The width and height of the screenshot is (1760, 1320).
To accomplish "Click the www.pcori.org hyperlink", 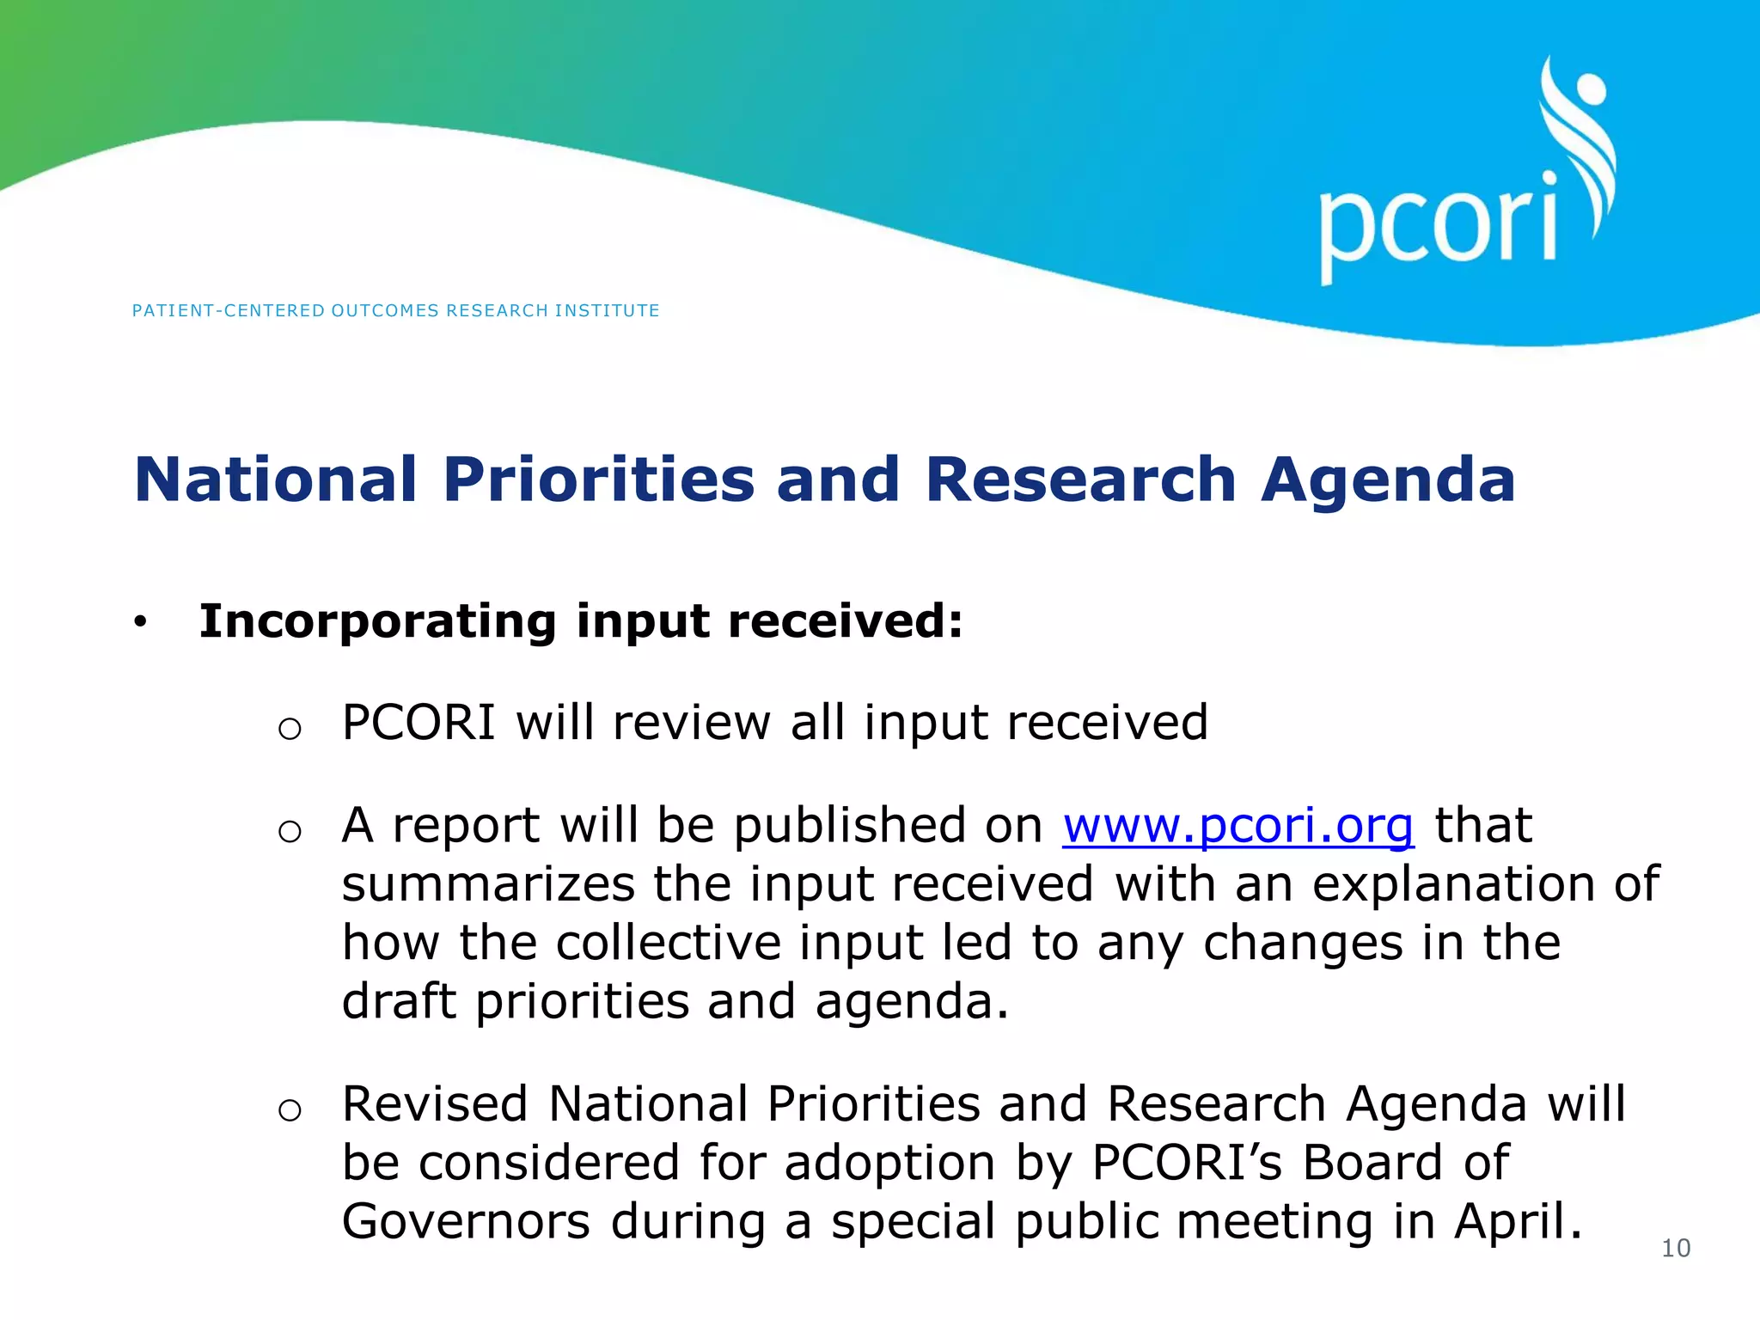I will pos(1237,827).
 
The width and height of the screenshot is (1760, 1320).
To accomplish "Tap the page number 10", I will pos(1676,1248).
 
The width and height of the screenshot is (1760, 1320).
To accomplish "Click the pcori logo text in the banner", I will pos(1437,225).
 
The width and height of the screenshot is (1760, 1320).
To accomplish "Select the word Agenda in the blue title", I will pos(1388,481).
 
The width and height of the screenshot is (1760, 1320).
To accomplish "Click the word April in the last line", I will pos(1517,1222).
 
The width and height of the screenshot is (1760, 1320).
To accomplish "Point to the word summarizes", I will pos(487,885).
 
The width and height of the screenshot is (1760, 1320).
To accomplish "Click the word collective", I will pos(669,944).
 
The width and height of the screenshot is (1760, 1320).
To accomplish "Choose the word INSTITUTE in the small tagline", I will pos(607,311).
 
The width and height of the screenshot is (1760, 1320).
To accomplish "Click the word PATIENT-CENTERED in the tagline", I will pos(228,311).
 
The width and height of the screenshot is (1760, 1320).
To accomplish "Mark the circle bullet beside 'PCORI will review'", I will pos(290,730).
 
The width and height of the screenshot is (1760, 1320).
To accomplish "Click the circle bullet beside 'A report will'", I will pos(290,832).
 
